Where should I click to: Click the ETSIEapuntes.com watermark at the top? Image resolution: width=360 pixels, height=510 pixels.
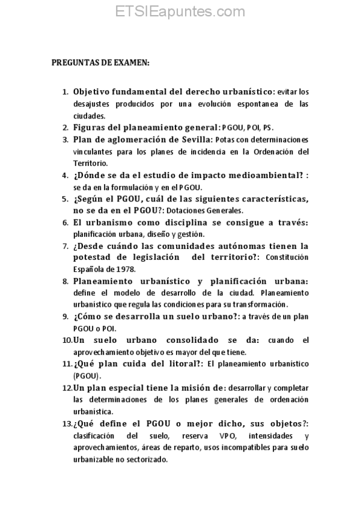pos(180,11)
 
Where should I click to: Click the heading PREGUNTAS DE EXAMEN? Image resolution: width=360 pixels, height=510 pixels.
pos(100,63)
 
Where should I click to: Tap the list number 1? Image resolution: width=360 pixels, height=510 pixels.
pos(66,92)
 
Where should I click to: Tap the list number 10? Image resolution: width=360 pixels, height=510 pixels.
pos(67,340)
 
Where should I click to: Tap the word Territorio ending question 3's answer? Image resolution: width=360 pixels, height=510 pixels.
pos(90,162)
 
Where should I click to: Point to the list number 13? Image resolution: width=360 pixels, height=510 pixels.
pos(67,423)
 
